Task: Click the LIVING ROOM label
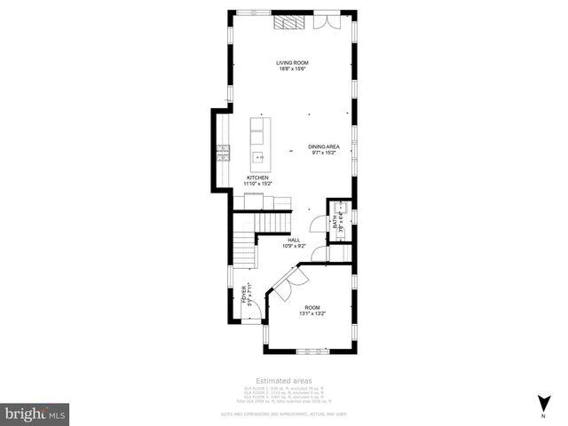(x=292, y=63)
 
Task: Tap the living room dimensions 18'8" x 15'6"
(x=292, y=69)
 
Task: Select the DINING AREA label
(x=324, y=146)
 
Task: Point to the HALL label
(x=294, y=239)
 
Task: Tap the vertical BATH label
(x=335, y=223)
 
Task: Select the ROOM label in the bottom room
(x=312, y=307)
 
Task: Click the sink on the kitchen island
(x=259, y=159)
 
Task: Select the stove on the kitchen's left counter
(x=221, y=157)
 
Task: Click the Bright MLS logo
(x=35, y=413)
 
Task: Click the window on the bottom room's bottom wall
(x=312, y=351)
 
